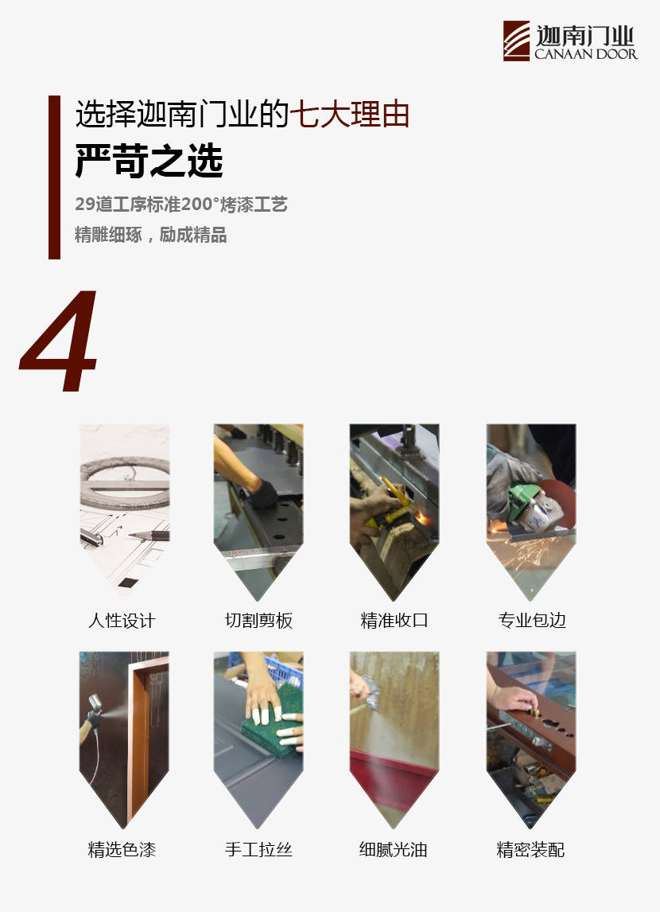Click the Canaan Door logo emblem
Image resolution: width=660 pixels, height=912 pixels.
[517, 41]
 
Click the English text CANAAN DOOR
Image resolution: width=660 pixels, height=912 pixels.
[586, 54]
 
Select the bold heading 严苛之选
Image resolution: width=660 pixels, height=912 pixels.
[149, 161]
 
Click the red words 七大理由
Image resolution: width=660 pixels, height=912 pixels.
[350, 114]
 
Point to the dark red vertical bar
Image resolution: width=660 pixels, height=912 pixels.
[54, 177]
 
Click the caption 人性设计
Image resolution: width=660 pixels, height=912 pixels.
[122, 621]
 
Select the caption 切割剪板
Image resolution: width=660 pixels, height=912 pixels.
[258, 621]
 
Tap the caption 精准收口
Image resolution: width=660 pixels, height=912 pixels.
[394, 621]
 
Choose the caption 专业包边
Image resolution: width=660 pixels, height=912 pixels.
[532, 621]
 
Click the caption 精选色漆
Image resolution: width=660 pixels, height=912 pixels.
[122, 850]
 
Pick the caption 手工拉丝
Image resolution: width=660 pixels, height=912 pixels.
[258, 850]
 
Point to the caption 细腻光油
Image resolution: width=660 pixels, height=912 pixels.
[394, 850]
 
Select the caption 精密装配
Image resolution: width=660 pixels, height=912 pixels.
[530, 850]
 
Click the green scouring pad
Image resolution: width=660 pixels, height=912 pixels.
[273, 721]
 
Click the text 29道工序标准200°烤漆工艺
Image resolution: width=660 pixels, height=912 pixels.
[181, 205]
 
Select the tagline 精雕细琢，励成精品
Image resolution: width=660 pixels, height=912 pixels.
[150, 235]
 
